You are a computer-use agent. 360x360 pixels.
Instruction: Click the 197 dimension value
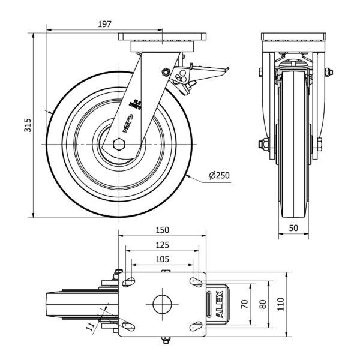pos(104,24)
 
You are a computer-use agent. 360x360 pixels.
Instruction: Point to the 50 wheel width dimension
pos(294,229)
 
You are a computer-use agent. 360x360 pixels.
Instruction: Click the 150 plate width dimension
pos(162,230)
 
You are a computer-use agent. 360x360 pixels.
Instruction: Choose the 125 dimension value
pos(162,245)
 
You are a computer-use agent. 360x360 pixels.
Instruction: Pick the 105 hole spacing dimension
pos(162,259)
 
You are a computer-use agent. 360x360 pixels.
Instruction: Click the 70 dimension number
pos(245,304)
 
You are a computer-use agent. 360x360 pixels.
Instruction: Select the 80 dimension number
pos(262,304)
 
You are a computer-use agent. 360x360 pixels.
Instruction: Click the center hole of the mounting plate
pos(162,304)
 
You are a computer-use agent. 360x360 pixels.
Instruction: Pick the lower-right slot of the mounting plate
pos(195,326)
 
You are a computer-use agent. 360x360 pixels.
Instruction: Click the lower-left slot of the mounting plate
pos(128,326)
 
